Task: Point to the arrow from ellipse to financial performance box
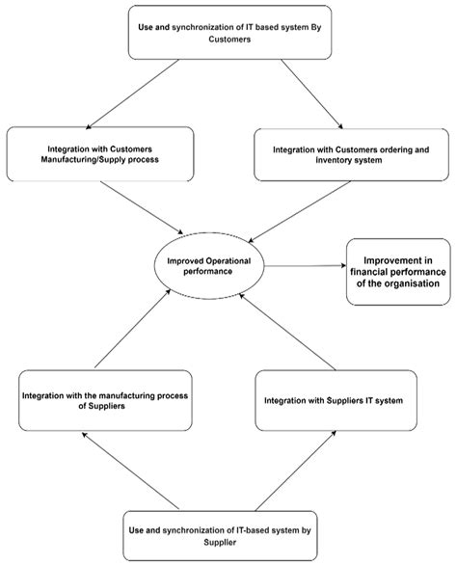click(305, 266)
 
